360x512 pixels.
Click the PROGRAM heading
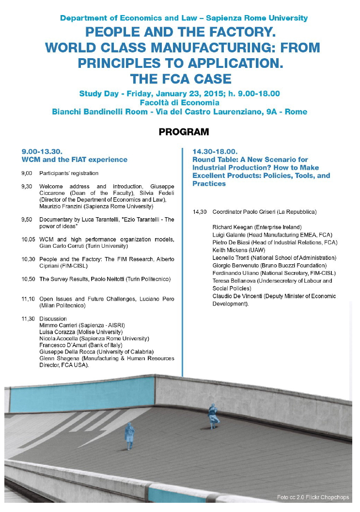pos(184,132)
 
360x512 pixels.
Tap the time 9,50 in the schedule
pos(27,220)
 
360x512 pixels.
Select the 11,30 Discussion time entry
pos(27,319)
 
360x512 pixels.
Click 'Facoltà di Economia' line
pos(179,102)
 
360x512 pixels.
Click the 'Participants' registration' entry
pos(69,173)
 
